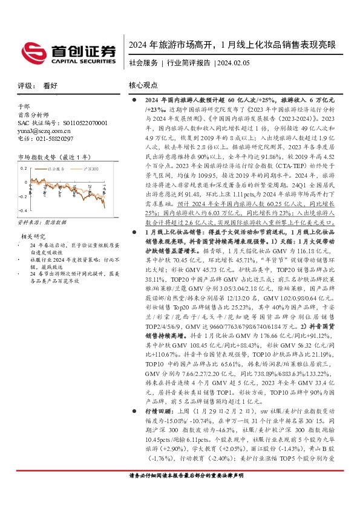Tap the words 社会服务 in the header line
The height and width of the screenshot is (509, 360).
(143, 62)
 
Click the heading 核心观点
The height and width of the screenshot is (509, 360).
(143, 86)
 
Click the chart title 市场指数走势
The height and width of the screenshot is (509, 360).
(41, 157)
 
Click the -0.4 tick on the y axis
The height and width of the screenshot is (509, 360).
(23, 210)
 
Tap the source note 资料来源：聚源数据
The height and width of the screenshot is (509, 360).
(42, 222)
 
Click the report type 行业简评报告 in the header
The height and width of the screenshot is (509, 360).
(188, 62)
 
